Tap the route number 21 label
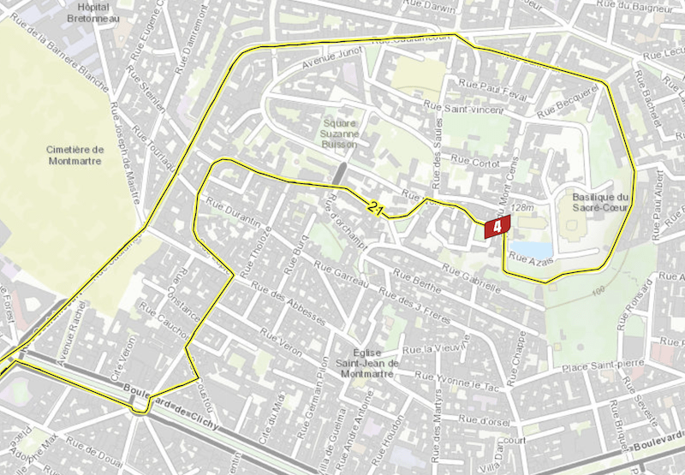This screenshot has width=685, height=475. tap(375, 209)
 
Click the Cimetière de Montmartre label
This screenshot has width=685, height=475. tap(75, 155)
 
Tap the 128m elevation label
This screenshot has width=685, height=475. tap(521, 207)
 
